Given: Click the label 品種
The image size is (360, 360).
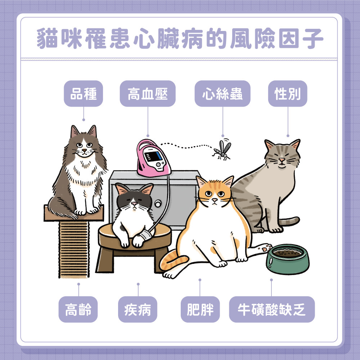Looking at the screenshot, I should click(84, 94).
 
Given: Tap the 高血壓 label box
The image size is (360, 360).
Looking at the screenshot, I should click(148, 94).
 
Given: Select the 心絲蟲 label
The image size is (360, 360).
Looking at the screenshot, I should click(222, 94).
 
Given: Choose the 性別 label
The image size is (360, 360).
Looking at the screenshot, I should click(288, 94).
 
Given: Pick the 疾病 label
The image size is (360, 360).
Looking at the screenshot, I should click(138, 309).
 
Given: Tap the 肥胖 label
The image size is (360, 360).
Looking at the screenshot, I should click(200, 309).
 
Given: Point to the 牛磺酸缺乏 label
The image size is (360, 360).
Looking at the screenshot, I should click(272, 309).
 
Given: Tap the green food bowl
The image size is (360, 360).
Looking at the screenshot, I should click(287, 259).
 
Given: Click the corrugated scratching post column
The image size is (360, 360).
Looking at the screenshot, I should click(74, 248).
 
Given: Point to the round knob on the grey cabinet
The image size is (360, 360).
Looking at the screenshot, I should click(158, 204).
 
